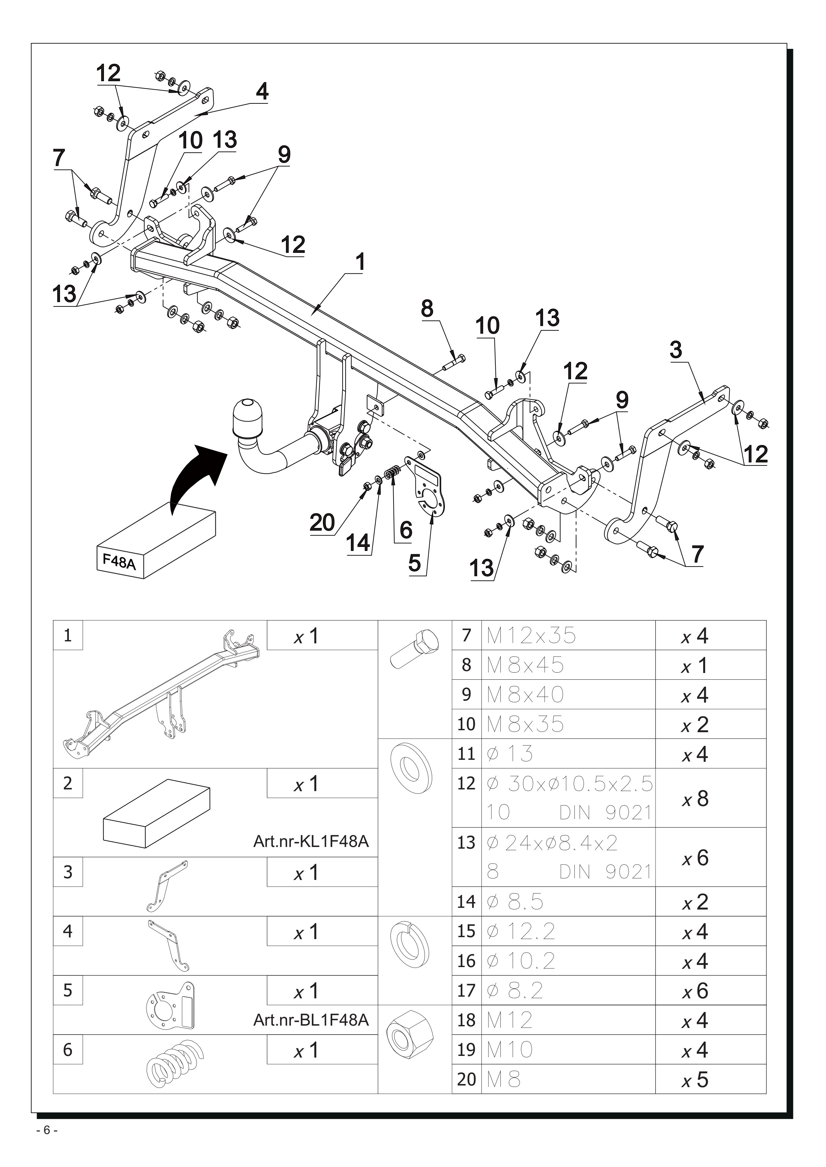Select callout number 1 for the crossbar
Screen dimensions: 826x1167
360,262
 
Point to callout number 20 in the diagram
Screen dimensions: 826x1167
323,523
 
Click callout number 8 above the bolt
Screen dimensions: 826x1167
427,308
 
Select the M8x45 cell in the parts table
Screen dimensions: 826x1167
525,665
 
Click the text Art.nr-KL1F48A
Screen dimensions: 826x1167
311,841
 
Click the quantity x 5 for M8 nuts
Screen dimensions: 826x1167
695,1080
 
